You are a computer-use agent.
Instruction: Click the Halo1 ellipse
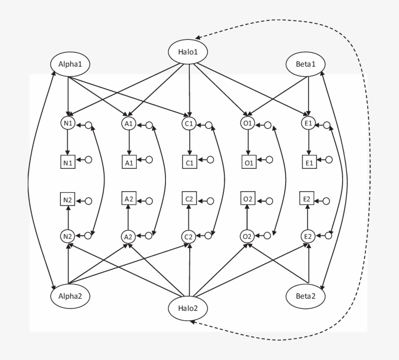click(x=188, y=52)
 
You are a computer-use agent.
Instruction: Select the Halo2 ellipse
click(x=188, y=308)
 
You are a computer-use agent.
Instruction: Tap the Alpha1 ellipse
click(x=71, y=64)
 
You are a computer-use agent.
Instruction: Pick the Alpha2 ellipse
click(x=71, y=295)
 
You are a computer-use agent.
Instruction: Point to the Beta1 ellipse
click(x=306, y=64)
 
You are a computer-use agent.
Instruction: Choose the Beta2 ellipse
click(x=306, y=295)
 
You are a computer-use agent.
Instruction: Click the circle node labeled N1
click(x=68, y=124)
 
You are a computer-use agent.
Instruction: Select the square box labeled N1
click(x=68, y=162)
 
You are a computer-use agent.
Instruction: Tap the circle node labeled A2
click(x=128, y=237)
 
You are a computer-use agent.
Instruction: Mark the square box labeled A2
click(x=128, y=199)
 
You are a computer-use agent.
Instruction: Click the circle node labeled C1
click(x=189, y=124)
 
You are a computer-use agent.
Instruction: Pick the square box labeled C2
click(x=189, y=199)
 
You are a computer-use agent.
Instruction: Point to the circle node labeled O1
click(x=248, y=124)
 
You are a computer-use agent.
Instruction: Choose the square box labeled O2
click(x=248, y=199)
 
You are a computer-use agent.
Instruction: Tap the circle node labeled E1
click(x=308, y=124)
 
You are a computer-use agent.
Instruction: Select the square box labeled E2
click(x=308, y=199)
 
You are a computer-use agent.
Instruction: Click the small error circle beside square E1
click(x=329, y=160)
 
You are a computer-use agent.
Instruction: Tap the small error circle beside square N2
click(x=89, y=200)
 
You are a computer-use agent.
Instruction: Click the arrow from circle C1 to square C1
click(x=189, y=143)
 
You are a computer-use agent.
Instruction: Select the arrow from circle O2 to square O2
click(x=248, y=217)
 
